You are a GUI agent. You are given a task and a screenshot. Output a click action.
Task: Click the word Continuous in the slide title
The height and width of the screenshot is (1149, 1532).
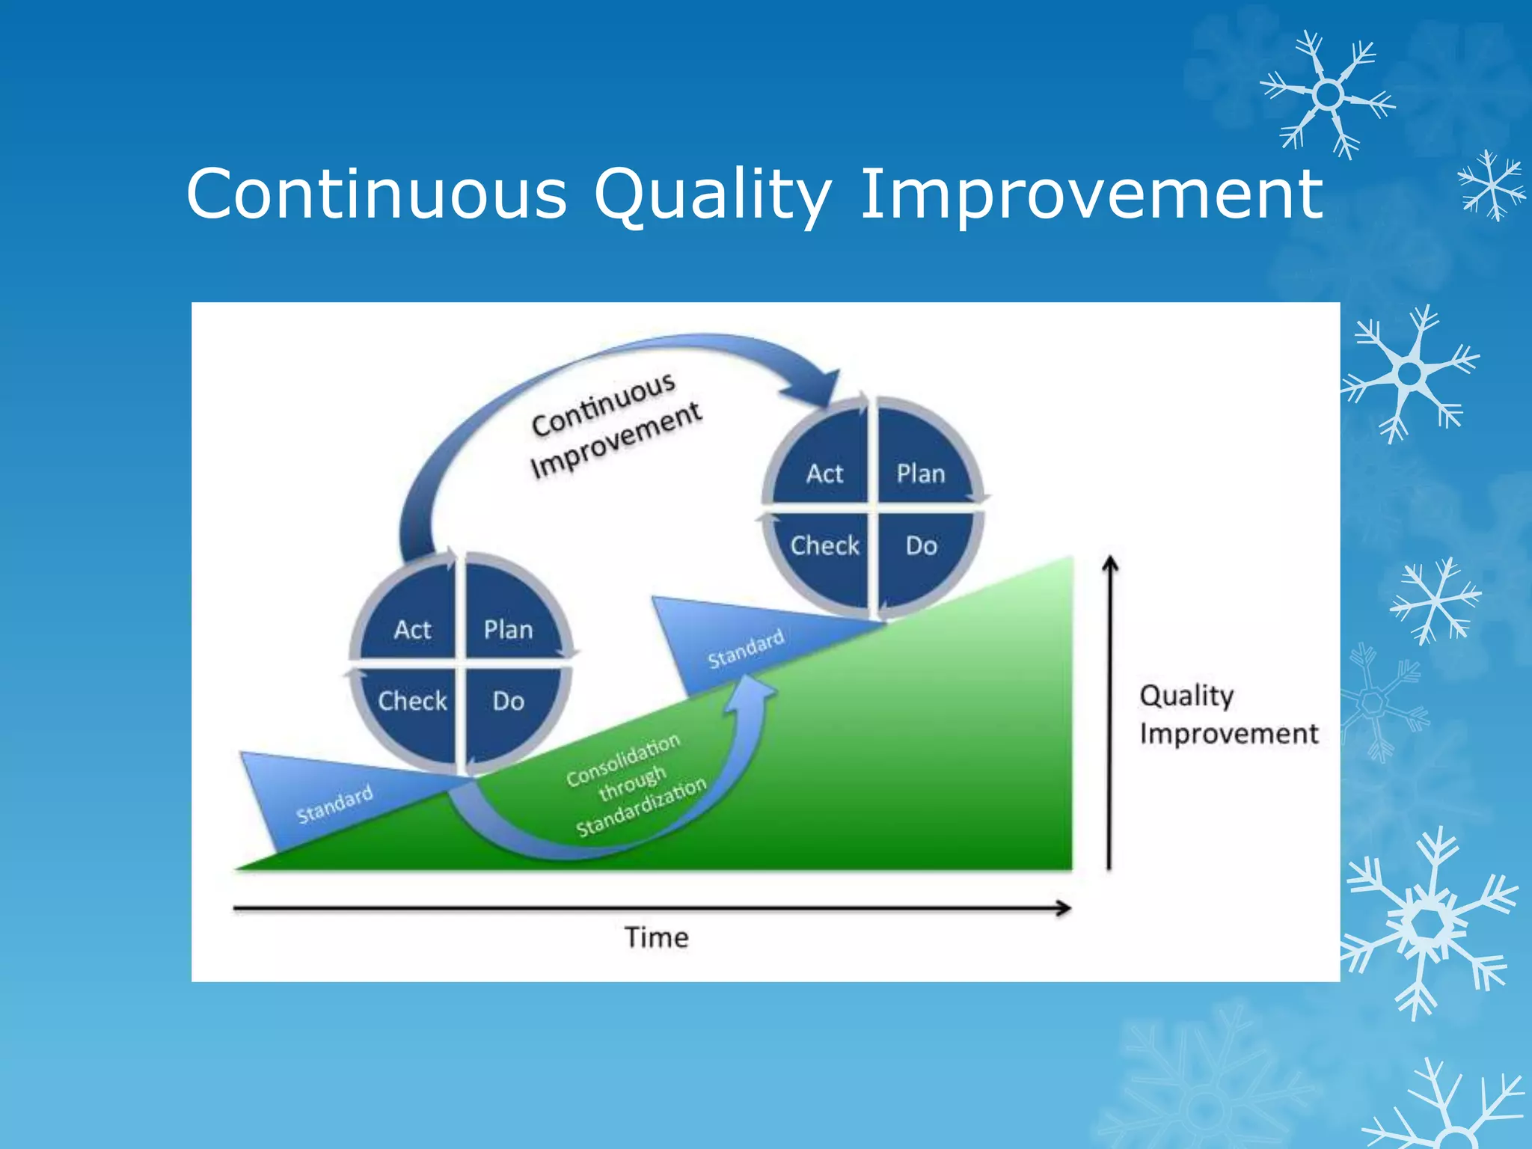(x=376, y=194)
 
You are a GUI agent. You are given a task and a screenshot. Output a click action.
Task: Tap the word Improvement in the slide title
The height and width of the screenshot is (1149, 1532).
(x=1091, y=194)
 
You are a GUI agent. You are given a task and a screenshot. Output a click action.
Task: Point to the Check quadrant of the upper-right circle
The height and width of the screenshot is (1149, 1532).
(x=824, y=545)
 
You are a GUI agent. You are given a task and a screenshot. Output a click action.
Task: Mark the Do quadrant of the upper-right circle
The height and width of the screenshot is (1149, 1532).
(x=921, y=545)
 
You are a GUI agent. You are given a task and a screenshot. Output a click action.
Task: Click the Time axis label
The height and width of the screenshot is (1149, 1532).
(x=656, y=937)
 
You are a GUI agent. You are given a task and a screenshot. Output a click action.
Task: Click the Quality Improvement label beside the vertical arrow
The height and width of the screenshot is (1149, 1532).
(x=1227, y=714)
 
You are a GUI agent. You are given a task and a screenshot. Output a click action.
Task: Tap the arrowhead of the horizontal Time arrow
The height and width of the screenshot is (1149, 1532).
(x=1064, y=908)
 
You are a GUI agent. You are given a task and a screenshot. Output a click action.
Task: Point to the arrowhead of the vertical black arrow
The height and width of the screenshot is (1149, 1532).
(x=1111, y=563)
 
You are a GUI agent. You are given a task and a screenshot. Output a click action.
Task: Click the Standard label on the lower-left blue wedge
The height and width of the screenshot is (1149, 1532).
(x=334, y=804)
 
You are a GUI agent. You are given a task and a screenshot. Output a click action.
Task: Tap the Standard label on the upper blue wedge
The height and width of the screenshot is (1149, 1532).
(x=746, y=649)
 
